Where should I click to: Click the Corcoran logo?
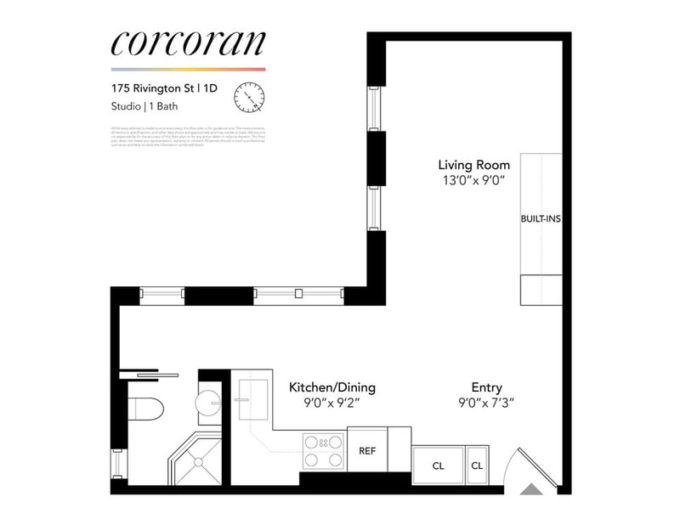click(188, 43)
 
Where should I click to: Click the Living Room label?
click(474, 164)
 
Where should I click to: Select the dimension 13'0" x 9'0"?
click(474, 179)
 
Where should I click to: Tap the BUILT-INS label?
click(541, 218)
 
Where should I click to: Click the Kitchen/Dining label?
click(332, 387)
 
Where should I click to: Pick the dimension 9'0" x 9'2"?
click(332, 404)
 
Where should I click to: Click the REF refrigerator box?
click(368, 451)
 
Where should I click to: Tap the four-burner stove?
click(323, 451)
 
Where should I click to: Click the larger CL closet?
click(438, 466)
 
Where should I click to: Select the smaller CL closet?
click(477, 466)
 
